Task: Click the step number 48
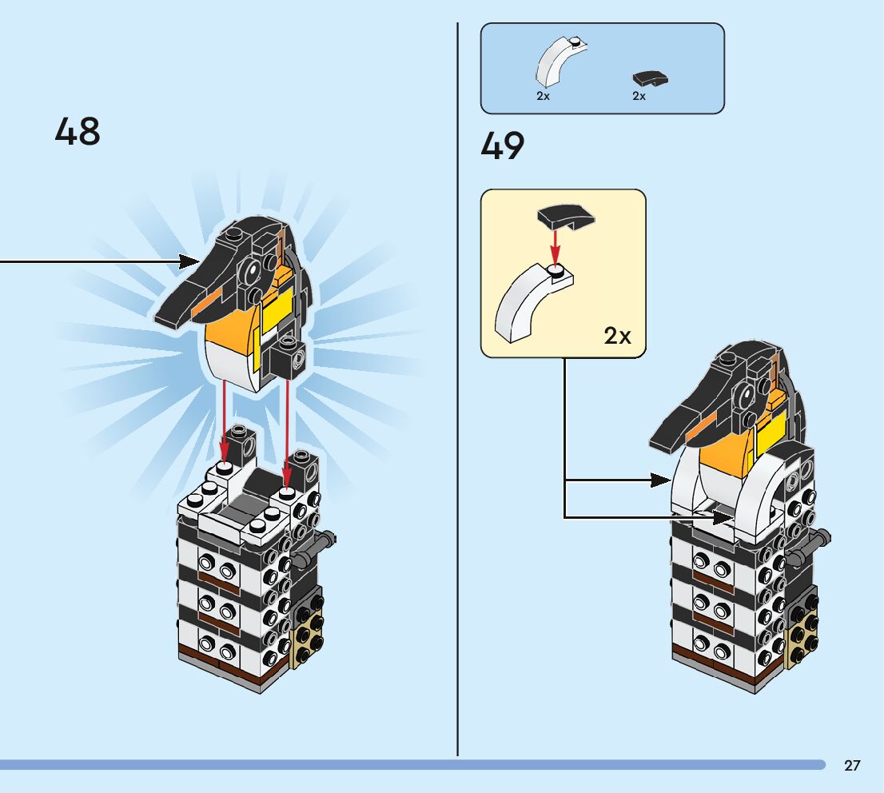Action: tap(78, 131)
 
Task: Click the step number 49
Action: tap(503, 147)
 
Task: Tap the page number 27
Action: tap(852, 766)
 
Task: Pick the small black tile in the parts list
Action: tap(650, 78)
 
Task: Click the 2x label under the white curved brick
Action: tap(544, 96)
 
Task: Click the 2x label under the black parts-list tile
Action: tap(639, 96)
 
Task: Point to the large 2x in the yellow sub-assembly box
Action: tap(617, 336)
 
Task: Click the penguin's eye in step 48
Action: tap(253, 274)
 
